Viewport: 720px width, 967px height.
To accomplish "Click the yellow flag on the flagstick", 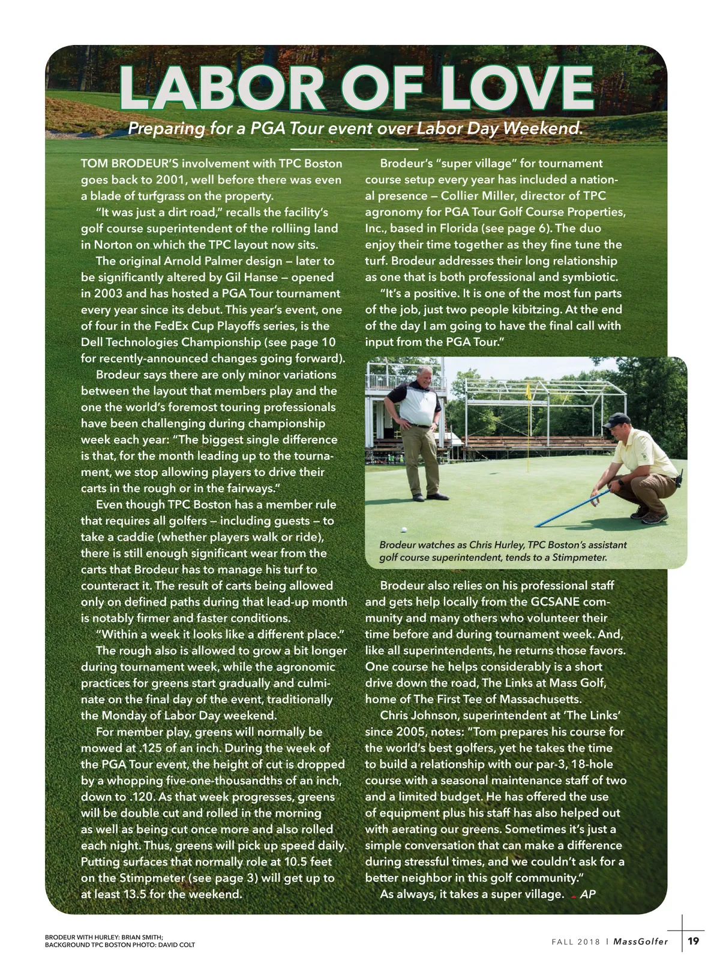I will point(527,391).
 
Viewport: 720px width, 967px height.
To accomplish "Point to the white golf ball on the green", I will point(404,530).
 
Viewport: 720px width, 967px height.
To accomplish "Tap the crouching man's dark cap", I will point(615,420).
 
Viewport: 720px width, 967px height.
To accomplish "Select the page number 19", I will point(693,941).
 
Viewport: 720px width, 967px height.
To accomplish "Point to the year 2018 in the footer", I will point(589,941).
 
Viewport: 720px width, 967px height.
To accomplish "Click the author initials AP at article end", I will point(588,894).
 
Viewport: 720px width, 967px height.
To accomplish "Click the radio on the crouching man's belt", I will point(679,480).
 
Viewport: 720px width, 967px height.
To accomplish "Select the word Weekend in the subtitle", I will point(542,128).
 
